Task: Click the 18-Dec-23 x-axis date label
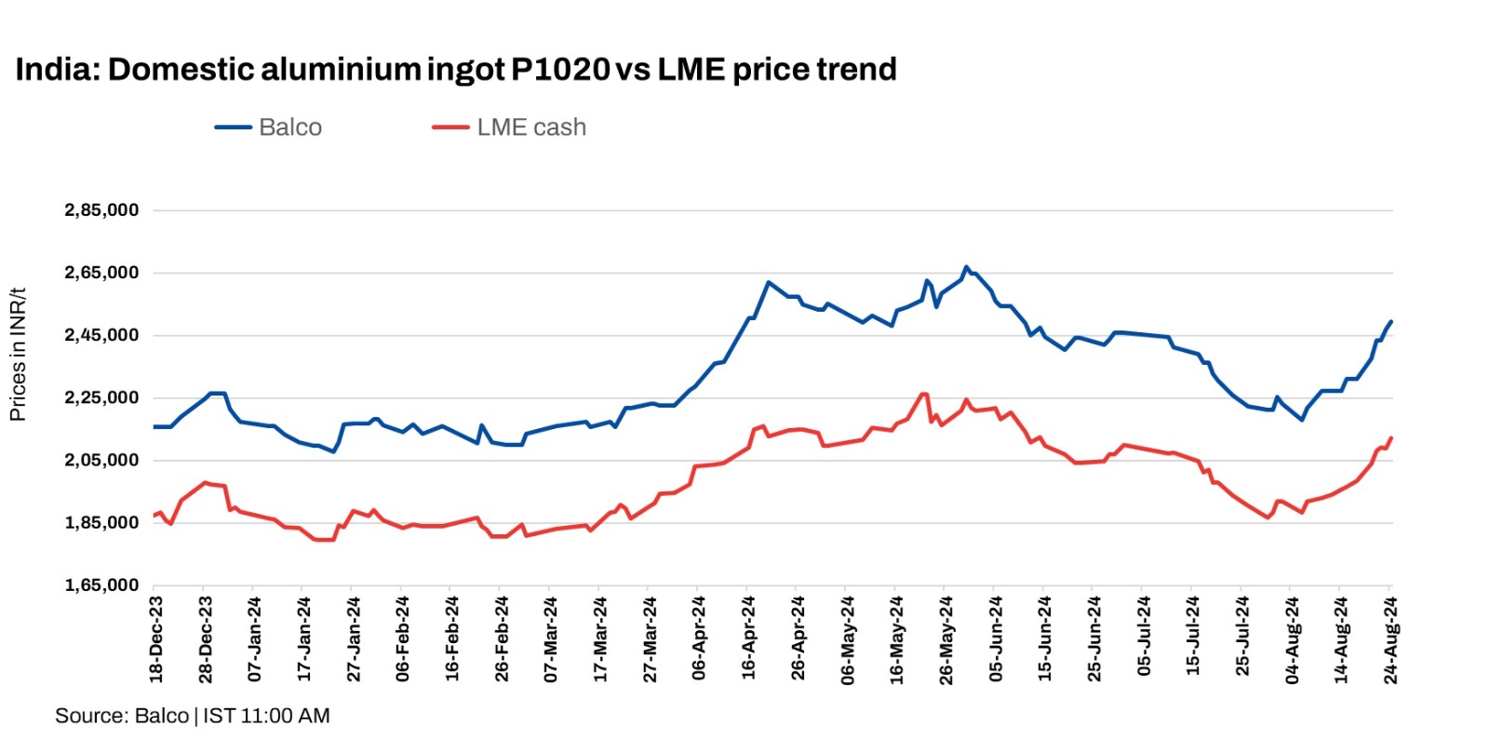(x=156, y=639)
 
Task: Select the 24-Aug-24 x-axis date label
(x=1390, y=639)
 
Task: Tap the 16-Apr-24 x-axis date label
(x=749, y=639)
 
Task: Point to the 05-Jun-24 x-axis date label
(x=996, y=639)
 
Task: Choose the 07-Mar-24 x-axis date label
(x=551, y=639)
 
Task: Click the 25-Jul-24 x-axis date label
(x=1242, y=639)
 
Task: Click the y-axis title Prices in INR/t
(x=18, y=354)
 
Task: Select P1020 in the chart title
(x=560, y=70)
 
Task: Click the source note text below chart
(x=192, y=716)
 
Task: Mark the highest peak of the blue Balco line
(x=966, y=267)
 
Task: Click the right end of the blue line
(x=1391, y=322)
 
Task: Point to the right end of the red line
(x=1391, y=437)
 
